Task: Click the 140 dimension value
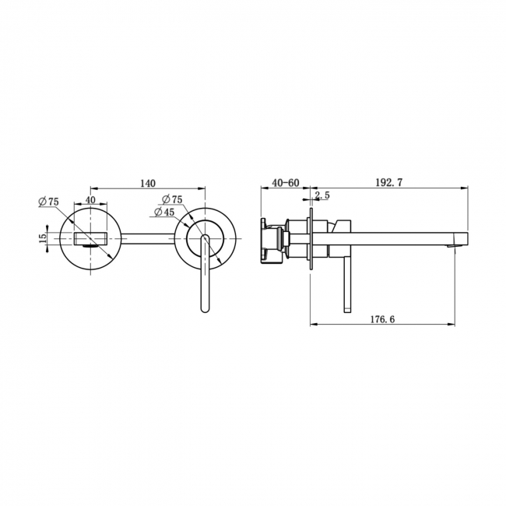pyautogui.click(x=148, y=183)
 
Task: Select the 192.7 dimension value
pyautogui.click(x=389, y=183)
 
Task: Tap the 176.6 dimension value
pyautogui.click(x=382, y=319)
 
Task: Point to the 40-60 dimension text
pyautogui.click(x=286, y=183)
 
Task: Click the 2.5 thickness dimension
pyautogui.click(x=322, y=195)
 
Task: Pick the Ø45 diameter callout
pyautogui.click(x=164, y=212)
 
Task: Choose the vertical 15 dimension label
pyautogui.click(x=43, y=238)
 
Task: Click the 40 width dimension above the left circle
pyautogui.click(x=90, y=200)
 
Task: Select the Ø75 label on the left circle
pyautogui.click(x=49, y=202)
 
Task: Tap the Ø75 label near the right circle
pyautogui.click(x=172, y=199)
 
